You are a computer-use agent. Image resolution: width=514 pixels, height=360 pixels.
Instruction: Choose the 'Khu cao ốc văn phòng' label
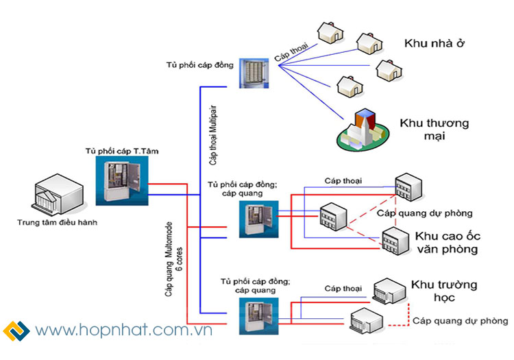[x=445, y=242]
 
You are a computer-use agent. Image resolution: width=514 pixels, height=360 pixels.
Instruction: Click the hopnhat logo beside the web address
[x=16, y=331]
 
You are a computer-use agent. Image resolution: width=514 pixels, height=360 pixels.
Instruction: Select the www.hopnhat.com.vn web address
[x=124, y=331]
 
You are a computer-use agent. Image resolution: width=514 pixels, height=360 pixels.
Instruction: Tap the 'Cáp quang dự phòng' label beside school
[x=459, y=321]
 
